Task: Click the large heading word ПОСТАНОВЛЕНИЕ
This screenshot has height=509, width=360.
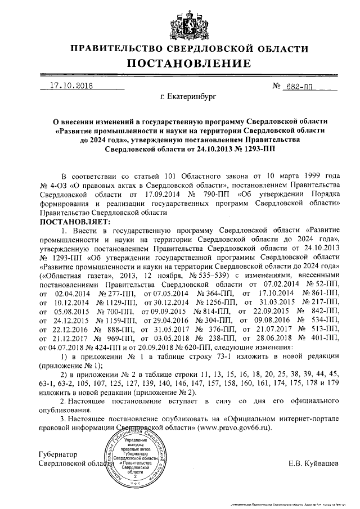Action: click(180, 62)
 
